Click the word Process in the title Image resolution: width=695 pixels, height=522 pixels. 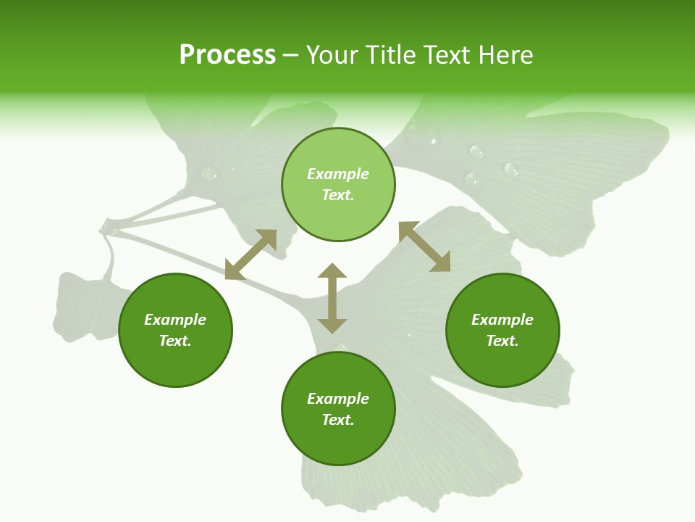tap(227, 55)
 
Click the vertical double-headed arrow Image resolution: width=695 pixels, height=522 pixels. tap(332, 298)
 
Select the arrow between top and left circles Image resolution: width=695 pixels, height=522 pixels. tap(250, 254)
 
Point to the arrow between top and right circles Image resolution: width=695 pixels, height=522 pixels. tap(425, 246)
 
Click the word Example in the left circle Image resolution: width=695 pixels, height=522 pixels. tap(175, 320)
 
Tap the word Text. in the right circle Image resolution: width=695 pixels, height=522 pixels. tap(502, 341)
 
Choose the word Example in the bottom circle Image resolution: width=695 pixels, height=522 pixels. tap(338, 399)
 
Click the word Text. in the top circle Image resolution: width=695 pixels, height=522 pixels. tap(338, 195)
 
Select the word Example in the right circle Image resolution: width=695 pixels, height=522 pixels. tap(502, 320)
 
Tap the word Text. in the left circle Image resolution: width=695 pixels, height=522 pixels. tap(175, 341)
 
